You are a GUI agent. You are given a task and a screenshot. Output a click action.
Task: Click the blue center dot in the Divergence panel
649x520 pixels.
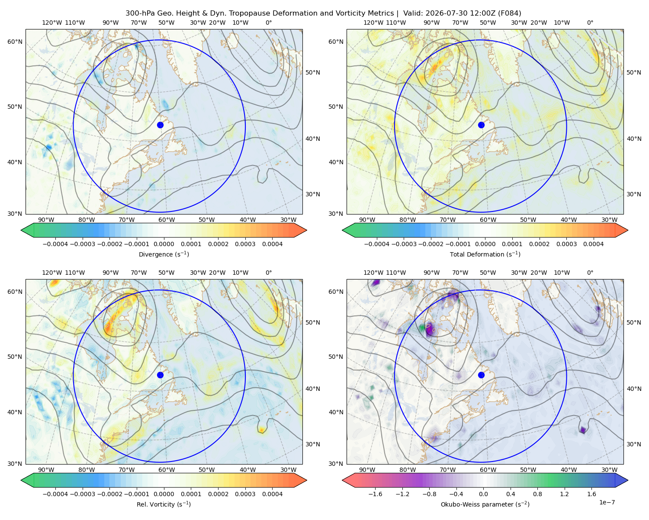160,125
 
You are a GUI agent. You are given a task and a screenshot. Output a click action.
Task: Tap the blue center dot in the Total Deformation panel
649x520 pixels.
481,125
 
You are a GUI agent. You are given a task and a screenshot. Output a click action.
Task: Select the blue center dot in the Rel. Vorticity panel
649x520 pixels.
160,375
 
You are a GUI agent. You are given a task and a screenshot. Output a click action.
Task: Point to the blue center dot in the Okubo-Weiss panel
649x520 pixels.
481,375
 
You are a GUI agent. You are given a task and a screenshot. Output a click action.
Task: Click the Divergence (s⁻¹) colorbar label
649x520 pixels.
164,254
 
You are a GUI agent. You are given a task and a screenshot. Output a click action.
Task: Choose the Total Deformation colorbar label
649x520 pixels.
485,254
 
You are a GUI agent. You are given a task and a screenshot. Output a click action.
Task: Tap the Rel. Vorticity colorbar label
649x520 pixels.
164,504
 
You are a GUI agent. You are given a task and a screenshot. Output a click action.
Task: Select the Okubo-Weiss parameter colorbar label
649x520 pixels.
485,504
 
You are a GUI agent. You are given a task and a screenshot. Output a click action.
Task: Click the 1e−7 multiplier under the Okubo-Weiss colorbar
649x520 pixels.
607,502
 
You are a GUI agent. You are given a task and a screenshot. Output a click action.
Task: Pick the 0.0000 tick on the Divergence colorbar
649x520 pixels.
164,244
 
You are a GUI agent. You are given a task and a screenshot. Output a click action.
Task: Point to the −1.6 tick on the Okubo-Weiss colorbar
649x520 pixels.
375,494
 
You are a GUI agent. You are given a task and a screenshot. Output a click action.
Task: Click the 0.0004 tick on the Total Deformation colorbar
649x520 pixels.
594,244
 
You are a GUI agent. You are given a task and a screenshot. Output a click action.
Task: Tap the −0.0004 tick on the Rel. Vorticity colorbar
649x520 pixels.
55,494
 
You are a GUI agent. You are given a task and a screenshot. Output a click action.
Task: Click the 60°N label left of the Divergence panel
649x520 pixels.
15,42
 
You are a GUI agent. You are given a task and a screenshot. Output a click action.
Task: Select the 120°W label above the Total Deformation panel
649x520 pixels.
373,23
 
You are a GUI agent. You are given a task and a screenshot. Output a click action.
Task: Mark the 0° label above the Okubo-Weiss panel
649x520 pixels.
590,273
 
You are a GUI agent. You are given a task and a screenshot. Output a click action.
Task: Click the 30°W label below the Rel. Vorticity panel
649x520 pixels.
288,470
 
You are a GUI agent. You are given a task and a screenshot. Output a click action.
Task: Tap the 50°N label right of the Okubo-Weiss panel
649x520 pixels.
634,322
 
